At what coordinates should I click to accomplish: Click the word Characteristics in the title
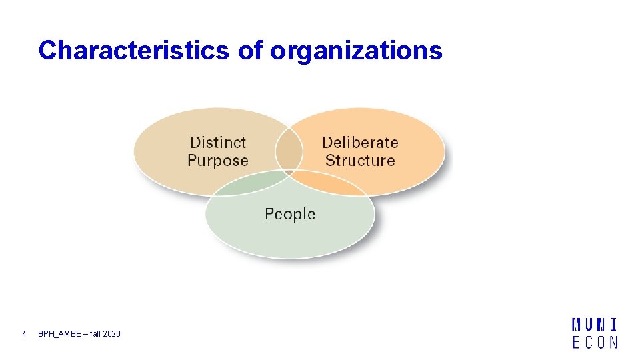coord(134,51)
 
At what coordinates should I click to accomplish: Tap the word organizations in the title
coord(356,51)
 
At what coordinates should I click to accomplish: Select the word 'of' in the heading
coord(250,51)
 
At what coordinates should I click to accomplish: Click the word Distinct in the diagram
coord(218,142)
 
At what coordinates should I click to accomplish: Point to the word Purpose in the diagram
coord(218,161)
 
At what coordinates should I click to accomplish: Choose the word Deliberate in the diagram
coord(360,142)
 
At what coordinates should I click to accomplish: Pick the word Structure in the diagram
coord(360,161)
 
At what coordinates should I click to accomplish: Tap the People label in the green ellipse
coord(290,214)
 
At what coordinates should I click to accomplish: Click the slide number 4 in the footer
coord(24,333)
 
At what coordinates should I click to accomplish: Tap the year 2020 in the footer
coord(112,333)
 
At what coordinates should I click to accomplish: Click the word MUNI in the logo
coord(595,325)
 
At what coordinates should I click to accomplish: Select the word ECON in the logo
coord(595,342)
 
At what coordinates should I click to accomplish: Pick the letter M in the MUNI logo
coord(577,325)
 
